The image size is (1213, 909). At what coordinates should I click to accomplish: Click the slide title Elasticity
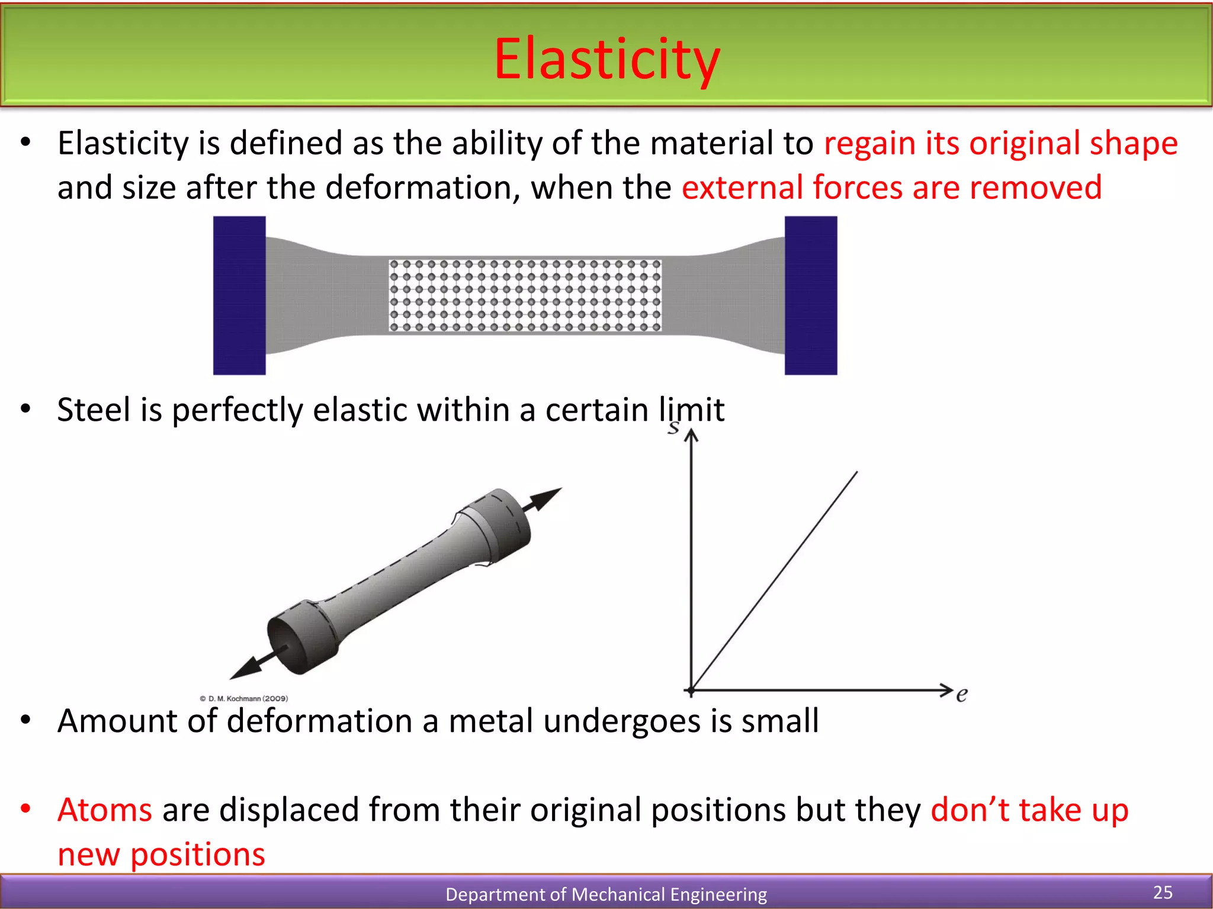point(606,59)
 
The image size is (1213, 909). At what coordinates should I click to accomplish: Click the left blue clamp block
point(239,295)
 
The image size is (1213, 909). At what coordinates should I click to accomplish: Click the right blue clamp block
point(811,295)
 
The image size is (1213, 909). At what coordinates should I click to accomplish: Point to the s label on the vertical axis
point(673,427)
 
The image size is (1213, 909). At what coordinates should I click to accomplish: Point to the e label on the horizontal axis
point(962,694)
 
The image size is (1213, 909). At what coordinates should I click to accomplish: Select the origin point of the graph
point(691,690)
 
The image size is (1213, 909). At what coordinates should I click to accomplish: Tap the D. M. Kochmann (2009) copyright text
point(244,699)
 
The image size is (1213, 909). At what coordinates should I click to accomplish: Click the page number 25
point(1163,892)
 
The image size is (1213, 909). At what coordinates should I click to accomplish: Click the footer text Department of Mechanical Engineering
point(606,894)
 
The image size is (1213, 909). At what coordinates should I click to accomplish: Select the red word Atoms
point(105,810)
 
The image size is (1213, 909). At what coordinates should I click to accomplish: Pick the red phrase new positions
point(161,855)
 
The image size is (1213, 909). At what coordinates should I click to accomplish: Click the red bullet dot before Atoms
point(25,808)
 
